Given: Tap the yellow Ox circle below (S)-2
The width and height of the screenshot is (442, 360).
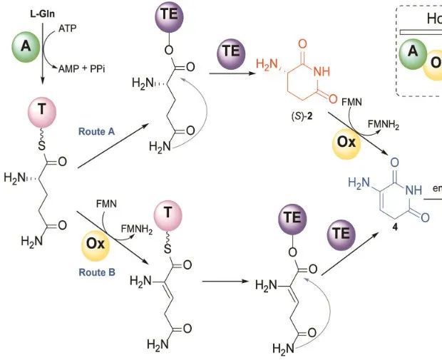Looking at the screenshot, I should [346, 140].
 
